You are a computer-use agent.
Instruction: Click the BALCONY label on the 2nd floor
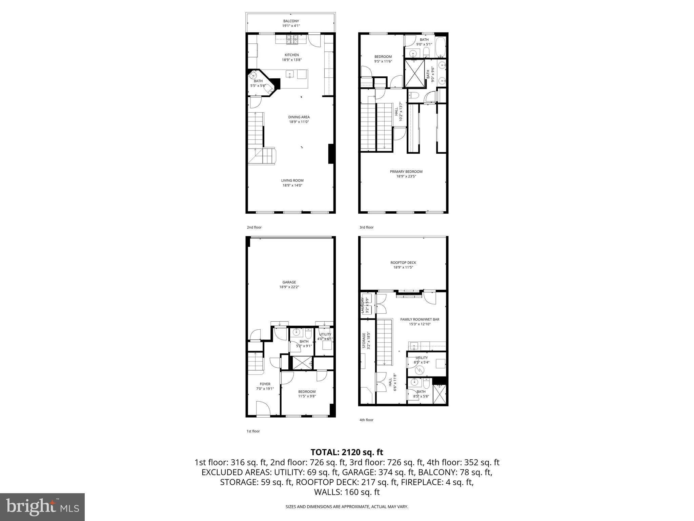291,21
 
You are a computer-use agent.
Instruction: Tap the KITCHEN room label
291,55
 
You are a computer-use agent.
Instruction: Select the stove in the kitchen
292,40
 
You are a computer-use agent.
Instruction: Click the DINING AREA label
299,117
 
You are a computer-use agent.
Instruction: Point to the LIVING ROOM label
292,180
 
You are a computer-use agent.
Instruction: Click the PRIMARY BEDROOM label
406,172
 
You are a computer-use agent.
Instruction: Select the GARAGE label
289,282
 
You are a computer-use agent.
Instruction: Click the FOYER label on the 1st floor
265,384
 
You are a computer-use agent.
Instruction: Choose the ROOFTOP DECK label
403,263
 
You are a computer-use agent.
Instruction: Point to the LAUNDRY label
363,305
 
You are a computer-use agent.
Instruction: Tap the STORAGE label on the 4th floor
364,341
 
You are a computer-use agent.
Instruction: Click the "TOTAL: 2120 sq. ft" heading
347,452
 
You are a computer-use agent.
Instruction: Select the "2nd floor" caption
254,227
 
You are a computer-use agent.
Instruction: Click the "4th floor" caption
366,420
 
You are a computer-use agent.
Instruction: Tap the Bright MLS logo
42,507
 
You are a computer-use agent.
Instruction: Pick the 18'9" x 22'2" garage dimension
289,287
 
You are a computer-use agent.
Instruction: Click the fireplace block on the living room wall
331,154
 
